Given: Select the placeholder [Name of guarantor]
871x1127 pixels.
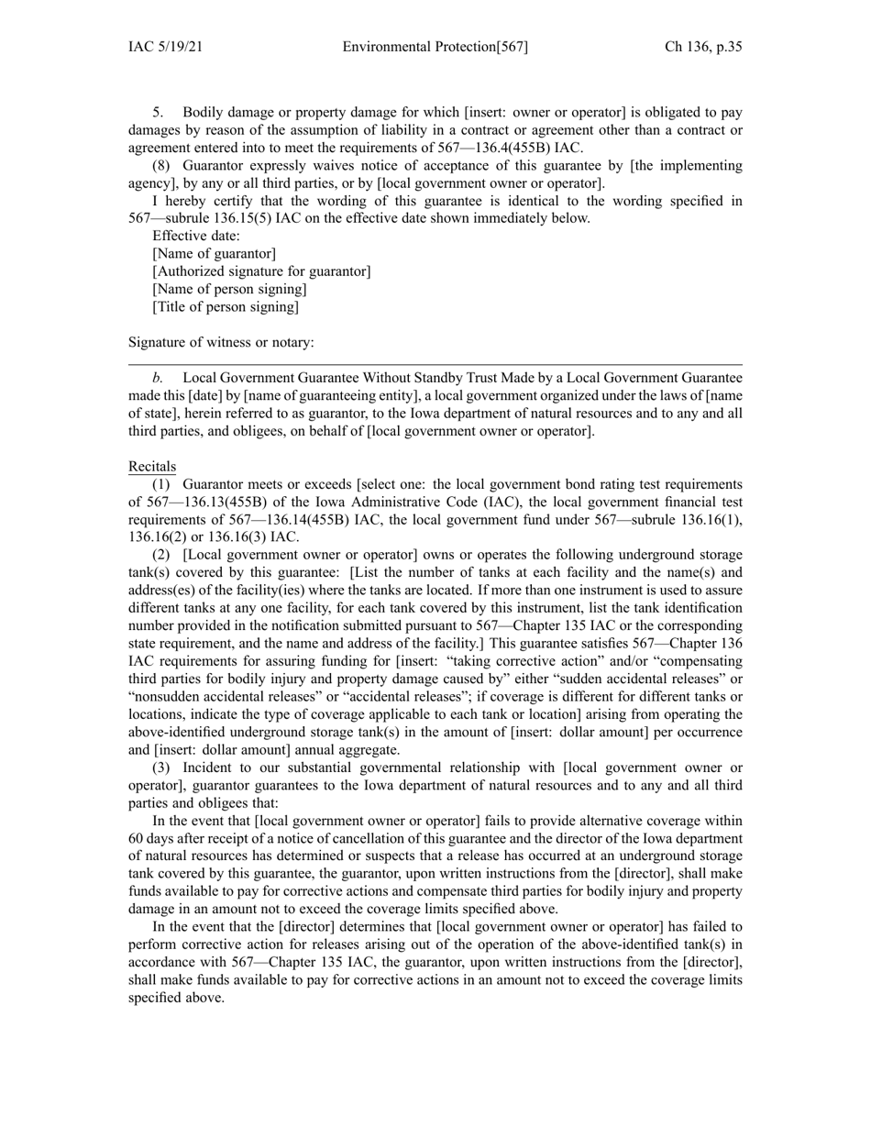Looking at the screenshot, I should pyautogui.click(x=214, y=254).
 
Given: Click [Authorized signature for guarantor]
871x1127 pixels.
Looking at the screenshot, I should pyautogui.click(x=261, y=271).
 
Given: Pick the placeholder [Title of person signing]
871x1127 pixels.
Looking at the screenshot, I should pyautogui.click(x=226, y=306).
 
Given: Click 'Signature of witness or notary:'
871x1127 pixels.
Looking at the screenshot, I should pyautogui.click(x=221, y=342).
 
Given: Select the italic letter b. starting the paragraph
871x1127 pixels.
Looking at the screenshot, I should pyautogui.click(x=158, y=377).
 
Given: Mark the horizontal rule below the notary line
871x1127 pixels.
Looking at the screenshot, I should pyautogui.click(x=435, y=365).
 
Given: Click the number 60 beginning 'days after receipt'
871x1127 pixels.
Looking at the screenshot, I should pyautogui.click(x=137, y=839).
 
